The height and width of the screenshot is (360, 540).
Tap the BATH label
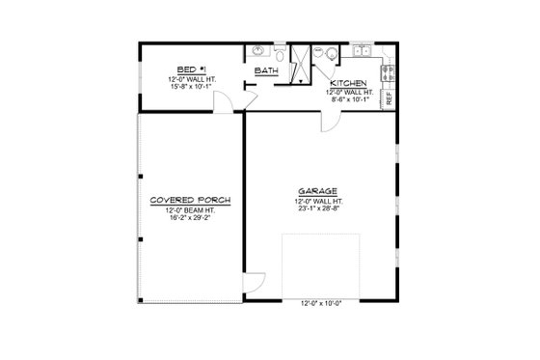point(266,71)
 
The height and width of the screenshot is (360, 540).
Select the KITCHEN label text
point(346,82)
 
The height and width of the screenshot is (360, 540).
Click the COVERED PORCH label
point(189,201)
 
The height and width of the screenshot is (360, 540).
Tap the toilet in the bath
point(280,53)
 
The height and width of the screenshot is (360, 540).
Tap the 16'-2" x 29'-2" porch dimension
point(189,219)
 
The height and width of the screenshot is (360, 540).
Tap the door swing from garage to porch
point(253,283)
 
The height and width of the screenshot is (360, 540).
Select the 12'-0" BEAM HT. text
point(189,210)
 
